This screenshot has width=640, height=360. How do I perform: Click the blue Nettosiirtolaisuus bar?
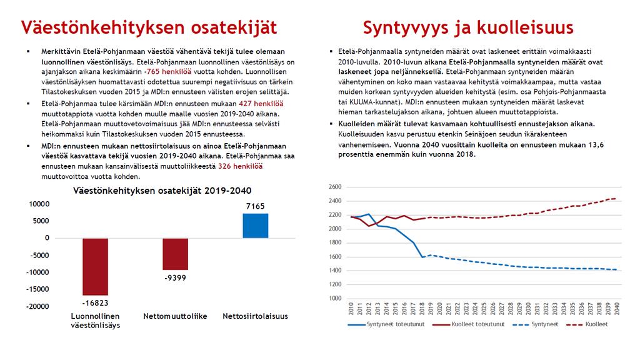click(256, 226)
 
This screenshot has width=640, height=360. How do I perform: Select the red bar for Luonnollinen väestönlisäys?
click(95, 266)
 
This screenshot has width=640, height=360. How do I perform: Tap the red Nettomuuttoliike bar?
click(176, 254)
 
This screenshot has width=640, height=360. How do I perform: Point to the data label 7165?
click(256, 206)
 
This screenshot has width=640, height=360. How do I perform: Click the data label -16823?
click(96, 303)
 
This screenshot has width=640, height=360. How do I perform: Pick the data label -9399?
click(176, 278)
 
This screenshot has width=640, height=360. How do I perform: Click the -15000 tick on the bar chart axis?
click(37, 289)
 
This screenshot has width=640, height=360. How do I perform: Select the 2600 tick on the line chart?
click(335, 187)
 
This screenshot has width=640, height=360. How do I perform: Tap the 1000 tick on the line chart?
click(335, 298)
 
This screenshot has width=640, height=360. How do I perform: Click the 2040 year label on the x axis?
click(617, 309)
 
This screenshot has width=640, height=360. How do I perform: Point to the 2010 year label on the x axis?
click(351, 309)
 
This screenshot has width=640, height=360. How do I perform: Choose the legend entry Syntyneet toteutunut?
click(386, 324)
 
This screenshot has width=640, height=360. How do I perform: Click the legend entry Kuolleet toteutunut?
click(469, 324)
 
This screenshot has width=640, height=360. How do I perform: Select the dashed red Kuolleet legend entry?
click(587, 324)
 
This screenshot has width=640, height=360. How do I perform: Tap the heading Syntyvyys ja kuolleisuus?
click(468, 27)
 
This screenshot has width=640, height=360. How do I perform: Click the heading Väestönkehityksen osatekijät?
click(149, 27)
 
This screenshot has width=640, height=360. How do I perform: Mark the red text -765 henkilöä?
click(167, 72)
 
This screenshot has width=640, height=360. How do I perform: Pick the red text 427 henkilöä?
click(261, 104)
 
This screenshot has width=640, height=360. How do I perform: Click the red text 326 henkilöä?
click(241, 166)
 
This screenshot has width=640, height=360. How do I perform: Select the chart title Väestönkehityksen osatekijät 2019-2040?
click(162, 191)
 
